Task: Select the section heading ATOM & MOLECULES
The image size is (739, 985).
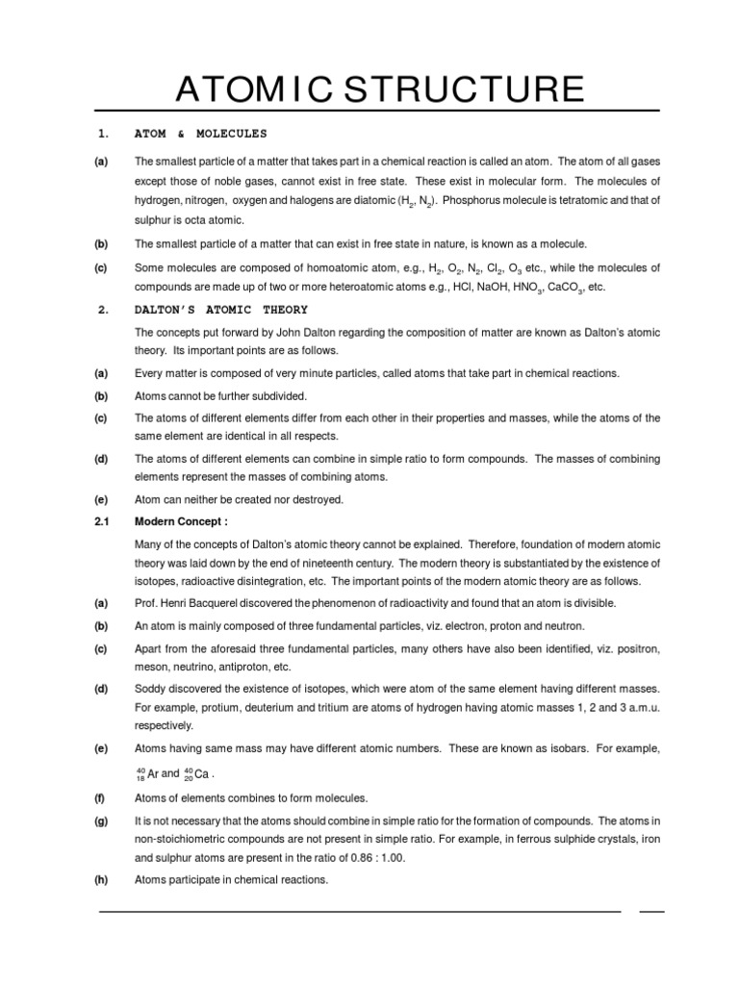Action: pos(201,133)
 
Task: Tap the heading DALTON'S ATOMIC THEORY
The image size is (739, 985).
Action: pos(221,309)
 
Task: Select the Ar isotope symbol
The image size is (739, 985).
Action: pos(147,773)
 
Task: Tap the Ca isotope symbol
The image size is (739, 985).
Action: pos(194,773)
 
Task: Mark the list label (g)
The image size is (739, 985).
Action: pos(101,820)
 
